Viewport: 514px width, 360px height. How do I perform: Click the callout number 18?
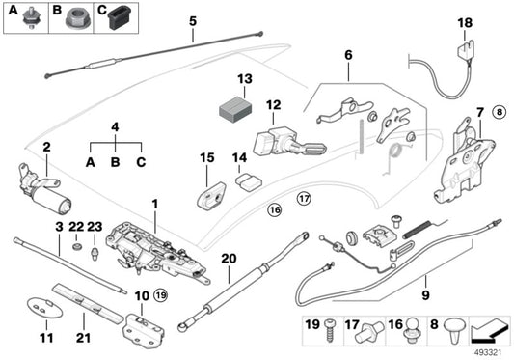point(465,21)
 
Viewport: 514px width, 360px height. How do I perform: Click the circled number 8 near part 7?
point(499,112)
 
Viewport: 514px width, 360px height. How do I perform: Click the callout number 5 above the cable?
point(193,20)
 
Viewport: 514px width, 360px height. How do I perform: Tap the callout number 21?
point(83,339)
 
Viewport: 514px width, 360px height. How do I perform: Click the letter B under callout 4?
point(115,162)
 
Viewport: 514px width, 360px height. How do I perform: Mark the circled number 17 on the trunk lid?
point(305,200)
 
